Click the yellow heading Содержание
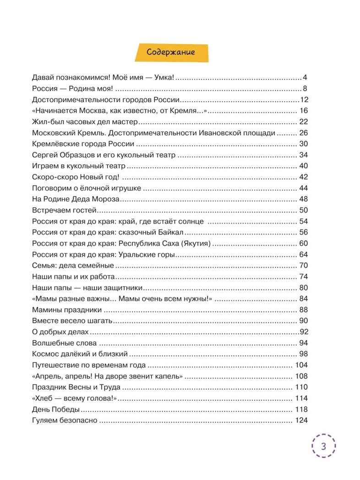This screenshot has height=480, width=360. [171, 52]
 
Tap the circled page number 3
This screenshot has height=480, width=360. [323, 447]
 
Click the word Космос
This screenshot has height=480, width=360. [47, 354]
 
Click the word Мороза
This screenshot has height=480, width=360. [106, 199]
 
